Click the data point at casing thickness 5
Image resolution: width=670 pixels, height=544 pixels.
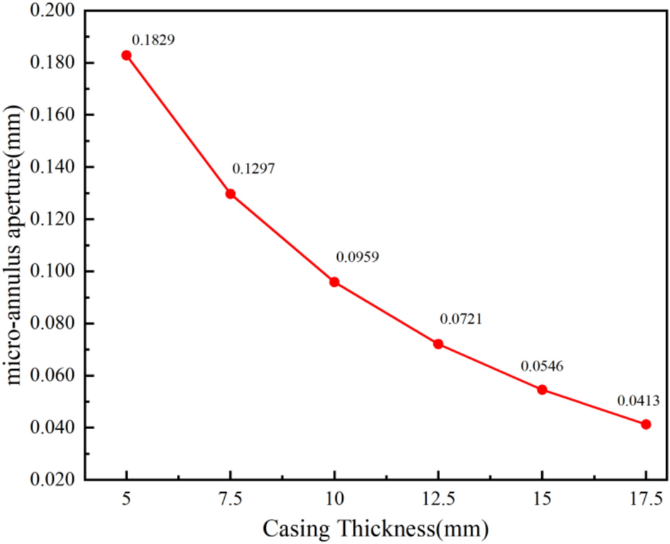tap(127, 56)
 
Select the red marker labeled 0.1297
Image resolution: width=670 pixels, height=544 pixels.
tap(230, 194)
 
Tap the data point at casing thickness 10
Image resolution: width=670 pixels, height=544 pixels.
tap(334, 282)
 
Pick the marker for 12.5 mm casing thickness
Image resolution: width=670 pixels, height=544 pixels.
tap(438, 344)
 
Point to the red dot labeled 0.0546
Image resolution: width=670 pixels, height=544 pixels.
tap(542, 389)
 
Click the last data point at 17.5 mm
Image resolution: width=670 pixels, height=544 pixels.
tap(645, 424)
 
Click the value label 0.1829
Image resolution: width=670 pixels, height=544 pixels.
tap(153, 40)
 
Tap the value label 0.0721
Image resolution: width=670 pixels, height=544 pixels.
tap(461, 319)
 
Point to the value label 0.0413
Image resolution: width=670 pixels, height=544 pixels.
tap(638, 399)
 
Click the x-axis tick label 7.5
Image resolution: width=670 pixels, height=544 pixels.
tap(230, 499)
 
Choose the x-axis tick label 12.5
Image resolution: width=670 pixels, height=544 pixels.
tap(438, 499)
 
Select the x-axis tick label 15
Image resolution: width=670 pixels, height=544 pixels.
tap(542, 499)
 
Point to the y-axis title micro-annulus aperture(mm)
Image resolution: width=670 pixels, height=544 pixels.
tap(15, 246)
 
